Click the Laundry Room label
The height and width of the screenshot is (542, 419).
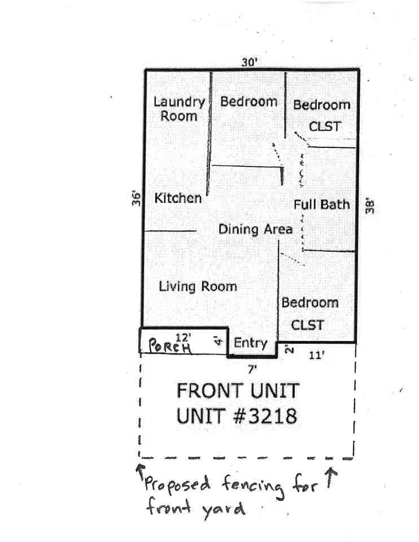click(179, 109)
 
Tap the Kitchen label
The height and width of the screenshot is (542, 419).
click(178, 198)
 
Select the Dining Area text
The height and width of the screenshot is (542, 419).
click(255, 229)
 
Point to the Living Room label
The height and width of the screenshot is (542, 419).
click(198, 286)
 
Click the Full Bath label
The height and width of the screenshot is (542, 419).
click(321, 204)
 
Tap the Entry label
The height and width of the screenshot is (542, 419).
click(250, 343)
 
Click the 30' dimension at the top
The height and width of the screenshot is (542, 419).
click(249, 62)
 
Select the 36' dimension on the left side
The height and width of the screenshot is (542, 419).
click(136, 199)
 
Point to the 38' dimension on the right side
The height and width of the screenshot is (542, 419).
click(370, 205)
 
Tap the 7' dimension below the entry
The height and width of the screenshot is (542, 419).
click(252, 369)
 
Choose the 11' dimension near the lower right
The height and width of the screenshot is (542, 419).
click(317, 356)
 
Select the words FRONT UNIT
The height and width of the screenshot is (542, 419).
click(237, 390)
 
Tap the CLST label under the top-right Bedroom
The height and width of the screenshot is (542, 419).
click(325, 126)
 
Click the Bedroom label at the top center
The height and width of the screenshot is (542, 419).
click(249, 102)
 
